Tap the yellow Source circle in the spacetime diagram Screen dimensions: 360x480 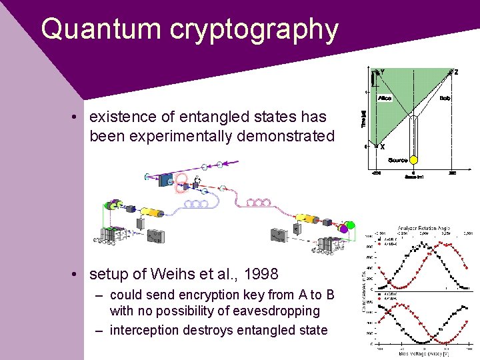[x=413, y=160]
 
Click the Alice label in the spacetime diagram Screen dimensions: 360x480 [x=385, y=98]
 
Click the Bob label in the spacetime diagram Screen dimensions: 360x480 [x=445, y=98]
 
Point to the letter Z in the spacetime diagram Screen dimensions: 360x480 [x=456, y=72]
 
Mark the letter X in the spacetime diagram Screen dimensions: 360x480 [x=382, y=147]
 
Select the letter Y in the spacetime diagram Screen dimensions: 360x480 [x=381, y=72]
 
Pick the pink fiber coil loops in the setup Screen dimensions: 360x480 [x=258, y=201]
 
